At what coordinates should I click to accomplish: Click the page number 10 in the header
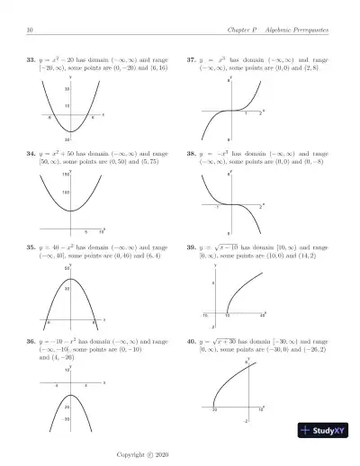[31, 31]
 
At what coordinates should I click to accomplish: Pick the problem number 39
[191, 246]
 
